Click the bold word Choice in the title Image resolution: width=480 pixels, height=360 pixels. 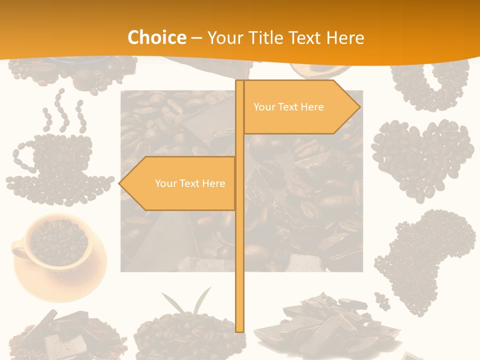click(x=156, y=37)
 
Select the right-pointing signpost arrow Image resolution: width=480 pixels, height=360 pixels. click(x=300, y=107)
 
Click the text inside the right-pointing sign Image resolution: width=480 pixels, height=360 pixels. click(x=288, y=107)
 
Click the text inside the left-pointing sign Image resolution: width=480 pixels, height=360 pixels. click(x=190, y=183)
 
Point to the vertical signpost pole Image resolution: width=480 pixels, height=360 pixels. click(x=240, y=250)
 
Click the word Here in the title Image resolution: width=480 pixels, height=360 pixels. click(x=345, y=37)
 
